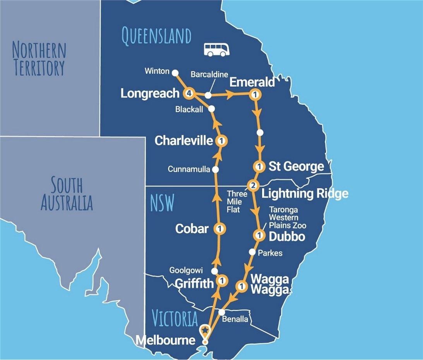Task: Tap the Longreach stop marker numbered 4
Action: click(189, 94)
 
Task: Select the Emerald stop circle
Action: click(255, 94)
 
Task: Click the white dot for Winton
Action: click(175, 72)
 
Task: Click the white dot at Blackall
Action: click(211, 109)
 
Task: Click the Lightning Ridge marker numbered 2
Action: click(253, 186)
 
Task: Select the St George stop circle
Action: click(259, 167)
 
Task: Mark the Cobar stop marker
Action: click(219, 229)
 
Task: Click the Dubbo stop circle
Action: click(259, 235)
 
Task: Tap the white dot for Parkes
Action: click(252, 252)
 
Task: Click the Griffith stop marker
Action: click(222, 280)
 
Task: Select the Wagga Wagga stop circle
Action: click(241, 287)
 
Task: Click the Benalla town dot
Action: click(222, 312)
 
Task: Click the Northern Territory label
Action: click(39, 59)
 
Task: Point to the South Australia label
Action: click(67, 194)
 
